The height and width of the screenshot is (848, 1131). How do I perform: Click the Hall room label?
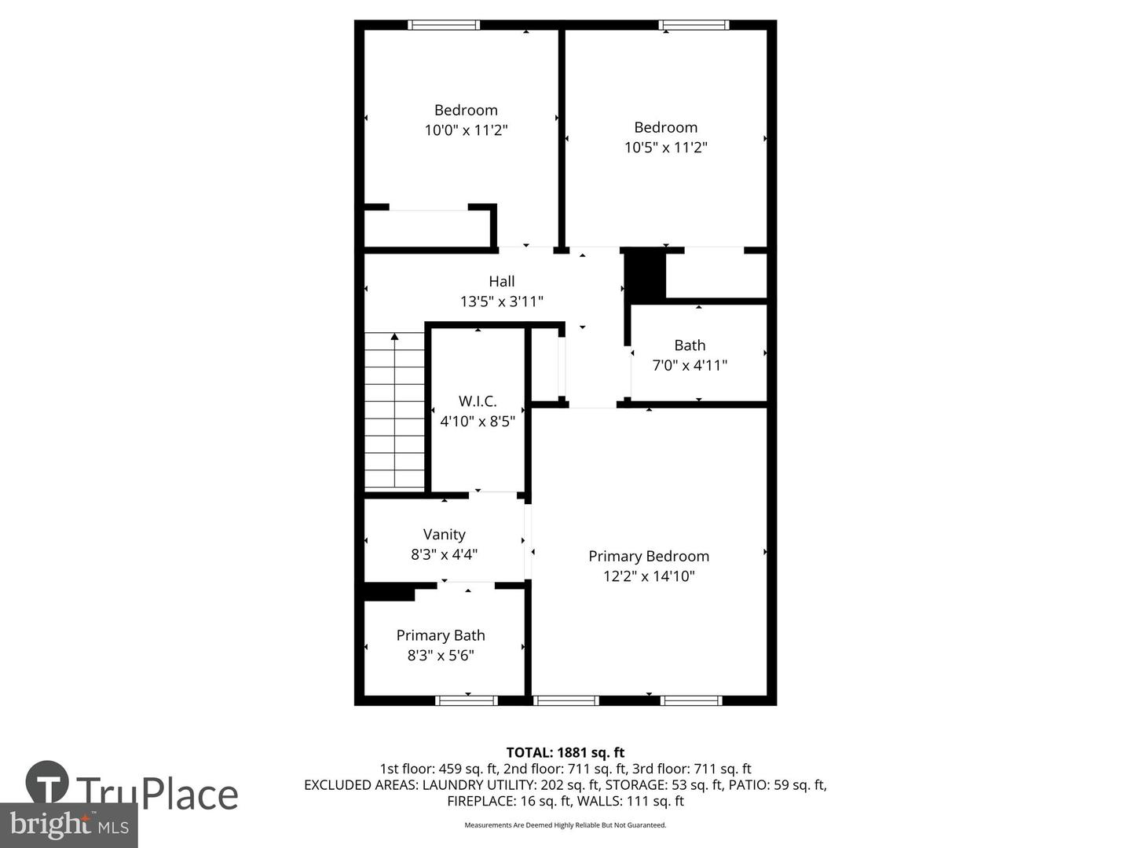point(502,281)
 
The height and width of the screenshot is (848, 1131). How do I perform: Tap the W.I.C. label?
point(478,401)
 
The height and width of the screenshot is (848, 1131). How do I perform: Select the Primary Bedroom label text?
point(649,556)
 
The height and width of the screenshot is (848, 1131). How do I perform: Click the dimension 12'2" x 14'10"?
point(649,576)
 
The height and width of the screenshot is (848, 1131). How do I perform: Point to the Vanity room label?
point(444,535)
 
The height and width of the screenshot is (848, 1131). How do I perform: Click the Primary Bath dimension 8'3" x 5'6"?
point(441,656)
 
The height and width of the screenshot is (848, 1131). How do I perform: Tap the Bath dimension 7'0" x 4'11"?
point(690,365)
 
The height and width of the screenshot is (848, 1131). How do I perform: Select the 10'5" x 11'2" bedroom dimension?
point(666,148)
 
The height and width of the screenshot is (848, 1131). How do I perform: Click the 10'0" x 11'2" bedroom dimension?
point(466,130)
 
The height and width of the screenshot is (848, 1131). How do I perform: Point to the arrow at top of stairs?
point(394,337)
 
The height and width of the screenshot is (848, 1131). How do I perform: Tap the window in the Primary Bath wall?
point(467,700)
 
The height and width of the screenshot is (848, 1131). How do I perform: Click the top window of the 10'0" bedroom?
point(444,25)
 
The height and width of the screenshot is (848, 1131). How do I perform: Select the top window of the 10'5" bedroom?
point(694,25)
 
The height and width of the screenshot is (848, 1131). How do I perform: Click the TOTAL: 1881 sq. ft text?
point(565,753)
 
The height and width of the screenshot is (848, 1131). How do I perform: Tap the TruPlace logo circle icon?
point(47,782)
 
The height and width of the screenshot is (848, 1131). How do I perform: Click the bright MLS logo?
point(69,824)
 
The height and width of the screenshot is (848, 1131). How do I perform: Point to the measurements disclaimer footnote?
point(565,825)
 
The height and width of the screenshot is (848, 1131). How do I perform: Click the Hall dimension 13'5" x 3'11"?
point(502,302)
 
